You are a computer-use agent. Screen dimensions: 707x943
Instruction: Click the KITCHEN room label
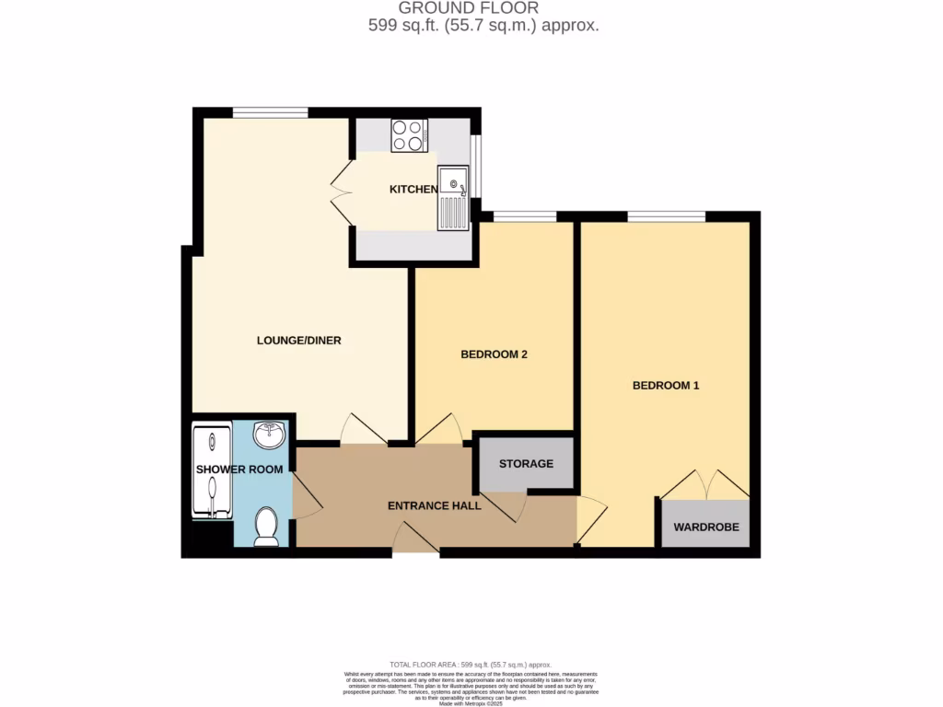(x=413, y=189)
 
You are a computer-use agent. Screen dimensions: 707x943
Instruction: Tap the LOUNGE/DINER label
(x=298, y=341)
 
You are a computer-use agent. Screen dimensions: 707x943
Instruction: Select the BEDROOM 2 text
(x=493, y=354)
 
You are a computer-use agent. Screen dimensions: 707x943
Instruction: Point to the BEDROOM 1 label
(x=665, y=386)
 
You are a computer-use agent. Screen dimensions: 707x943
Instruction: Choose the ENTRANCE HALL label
(x=434, y=505)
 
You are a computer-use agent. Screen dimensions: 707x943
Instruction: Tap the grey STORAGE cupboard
(x=526, y=463)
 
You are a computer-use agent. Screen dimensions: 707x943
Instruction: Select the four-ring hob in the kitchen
(x=408, y=135)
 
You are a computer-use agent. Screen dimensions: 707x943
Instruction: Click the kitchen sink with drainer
(x=453, y=198)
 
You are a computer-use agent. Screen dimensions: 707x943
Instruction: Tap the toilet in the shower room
(x=266, y=527)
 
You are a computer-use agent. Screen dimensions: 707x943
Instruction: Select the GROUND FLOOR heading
(x=482, y=8)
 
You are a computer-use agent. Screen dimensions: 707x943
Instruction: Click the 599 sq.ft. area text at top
(x=483, y=26)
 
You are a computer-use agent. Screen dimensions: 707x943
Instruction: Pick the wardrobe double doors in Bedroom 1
(x=705, y=485)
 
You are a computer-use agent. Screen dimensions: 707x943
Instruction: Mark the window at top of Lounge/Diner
(x=270, y=112)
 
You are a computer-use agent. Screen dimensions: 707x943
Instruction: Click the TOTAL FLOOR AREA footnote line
(x=471, y=664)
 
